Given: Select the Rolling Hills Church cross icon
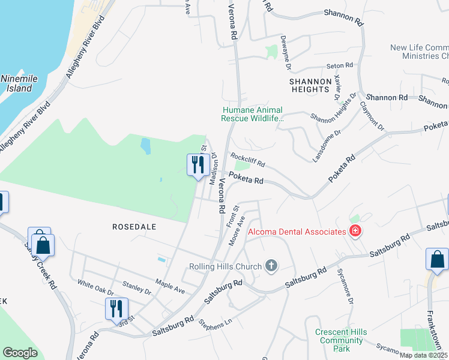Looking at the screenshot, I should click(x=271, y=266).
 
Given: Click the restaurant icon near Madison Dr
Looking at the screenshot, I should click(x=197, y=164).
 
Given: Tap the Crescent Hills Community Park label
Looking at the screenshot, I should click(x=342, y=340).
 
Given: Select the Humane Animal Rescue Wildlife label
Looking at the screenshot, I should click(x=252, y=114).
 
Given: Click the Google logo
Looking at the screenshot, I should click(x=20, y=352).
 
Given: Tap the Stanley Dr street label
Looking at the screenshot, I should click(x=136, y=289).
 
